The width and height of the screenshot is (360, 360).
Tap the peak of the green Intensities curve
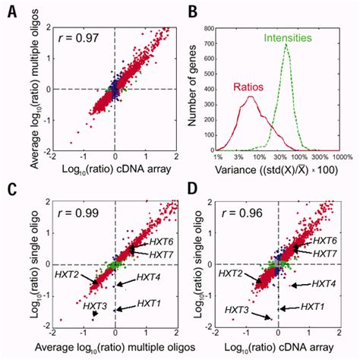(x=286, y=44)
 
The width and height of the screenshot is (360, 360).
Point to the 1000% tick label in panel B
(x=340, y=157)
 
